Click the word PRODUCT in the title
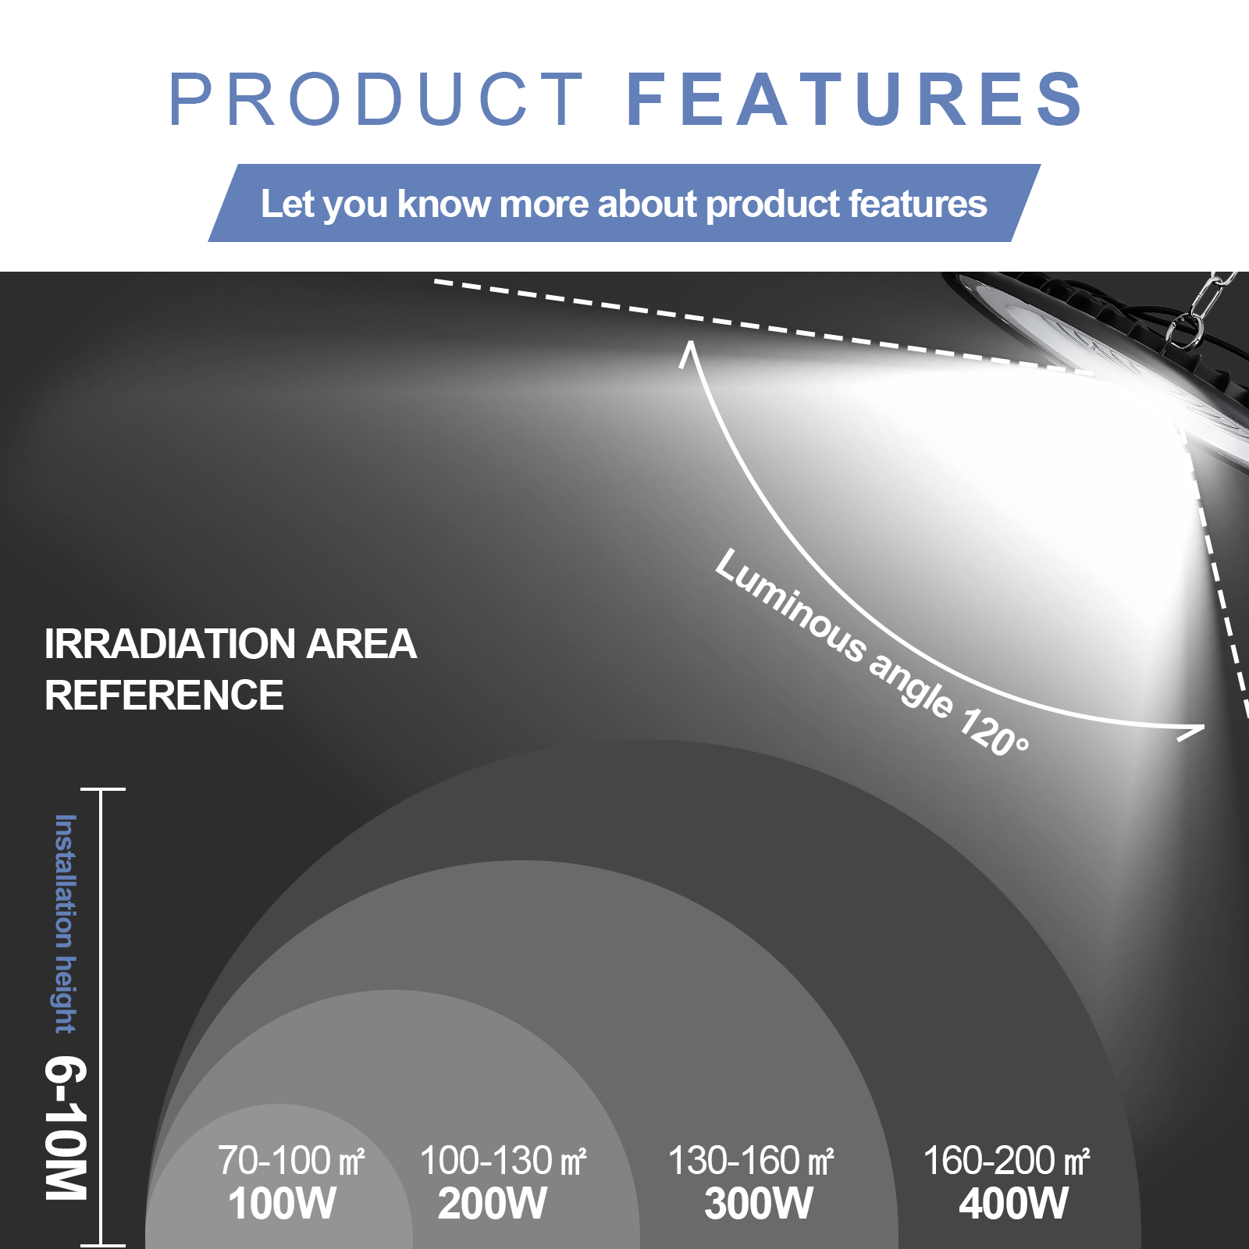click(376, 99)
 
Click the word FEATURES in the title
click(855, 99)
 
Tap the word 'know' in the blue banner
click(443, 204)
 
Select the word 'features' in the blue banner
click(918, 204)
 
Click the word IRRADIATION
click(170, 644)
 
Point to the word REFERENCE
click(164, 696)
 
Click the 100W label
click(282, 1203)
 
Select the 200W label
click(492, 1203)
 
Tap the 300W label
click(758, 1203)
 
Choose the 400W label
click(1013, 1203)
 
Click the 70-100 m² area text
click(291, 1160)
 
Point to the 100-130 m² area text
click(503, 1160)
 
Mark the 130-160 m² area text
click(751, 1160)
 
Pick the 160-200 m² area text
click(1006, 1160)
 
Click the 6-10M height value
click(66, 1128)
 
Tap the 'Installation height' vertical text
click(66, 924)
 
